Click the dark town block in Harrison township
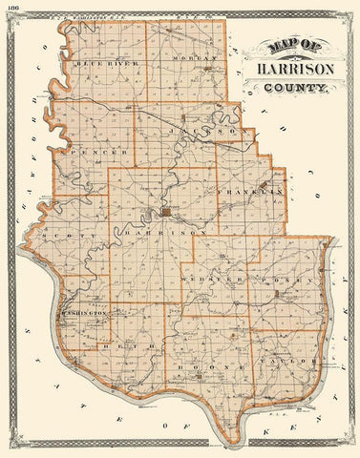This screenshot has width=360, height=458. coord(165,212)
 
